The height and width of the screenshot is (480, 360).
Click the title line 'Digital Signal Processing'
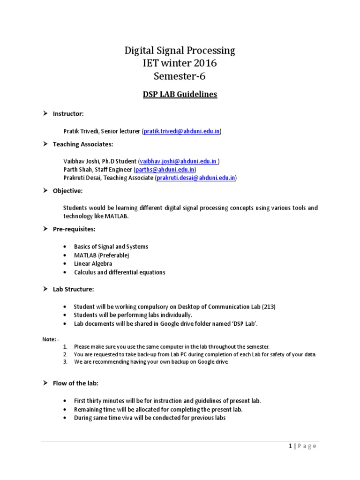coord(180,51)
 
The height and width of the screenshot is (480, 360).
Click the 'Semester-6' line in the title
coord(180,76)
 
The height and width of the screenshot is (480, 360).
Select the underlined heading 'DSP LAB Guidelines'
coord(180,94)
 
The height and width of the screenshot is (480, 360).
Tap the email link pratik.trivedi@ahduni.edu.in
coord(181,132)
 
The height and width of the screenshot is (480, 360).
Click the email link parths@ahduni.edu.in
coord(165,170)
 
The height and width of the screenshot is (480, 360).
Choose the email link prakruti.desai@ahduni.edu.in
coord(195,178)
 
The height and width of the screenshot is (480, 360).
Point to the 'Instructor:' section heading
coord(68,114)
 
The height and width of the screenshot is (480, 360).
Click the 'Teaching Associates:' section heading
coord(82,144)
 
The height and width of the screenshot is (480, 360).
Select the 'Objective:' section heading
coord(67,191)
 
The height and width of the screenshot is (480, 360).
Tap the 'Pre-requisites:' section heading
coord(74,229)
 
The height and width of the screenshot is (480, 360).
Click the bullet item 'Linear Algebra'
coord(93,264)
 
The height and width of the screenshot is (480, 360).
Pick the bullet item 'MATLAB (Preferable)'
coord(101,255)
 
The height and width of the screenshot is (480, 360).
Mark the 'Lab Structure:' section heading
coord(73,289)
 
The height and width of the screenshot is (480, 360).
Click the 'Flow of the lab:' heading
coord(75,383)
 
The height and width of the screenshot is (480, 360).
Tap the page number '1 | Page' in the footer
coord(302,446)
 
